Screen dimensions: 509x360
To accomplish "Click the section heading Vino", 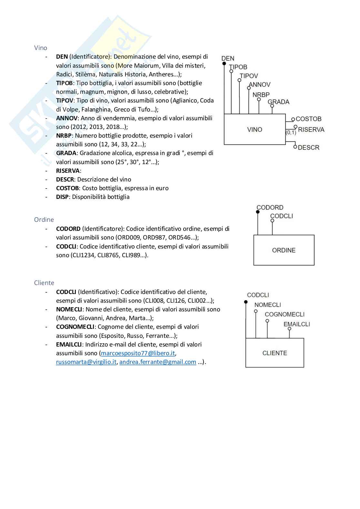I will [41, 48].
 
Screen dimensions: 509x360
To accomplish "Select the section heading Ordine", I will [44, 220].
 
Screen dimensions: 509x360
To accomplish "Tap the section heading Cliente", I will [44, 283].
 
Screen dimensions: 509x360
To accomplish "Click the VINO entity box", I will [255, 129].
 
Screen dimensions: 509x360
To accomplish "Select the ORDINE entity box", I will [284, 250].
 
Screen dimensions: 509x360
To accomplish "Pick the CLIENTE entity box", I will [275, 353].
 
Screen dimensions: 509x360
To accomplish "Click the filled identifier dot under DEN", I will [224, 64].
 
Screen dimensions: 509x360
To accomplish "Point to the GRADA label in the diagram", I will [278, 102].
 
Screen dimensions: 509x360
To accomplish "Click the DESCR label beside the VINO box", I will [308, 148].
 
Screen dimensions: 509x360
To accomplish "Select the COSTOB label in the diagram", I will [308, 119].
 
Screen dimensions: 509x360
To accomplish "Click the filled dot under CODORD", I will [258, 212].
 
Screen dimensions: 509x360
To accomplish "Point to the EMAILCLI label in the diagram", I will [296, 324].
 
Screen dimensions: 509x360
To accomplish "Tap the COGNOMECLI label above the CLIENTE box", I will [285, 314].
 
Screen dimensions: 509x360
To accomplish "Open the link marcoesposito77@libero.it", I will [138, 353].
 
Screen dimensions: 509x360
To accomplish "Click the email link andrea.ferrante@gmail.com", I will [158, 362].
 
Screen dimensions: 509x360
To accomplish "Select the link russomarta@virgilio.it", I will [86, 362].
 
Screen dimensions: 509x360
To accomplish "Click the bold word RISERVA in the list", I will [68, 171].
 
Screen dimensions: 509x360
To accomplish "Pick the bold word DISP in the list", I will [62, 197].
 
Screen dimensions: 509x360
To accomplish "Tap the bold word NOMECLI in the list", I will [69, 309].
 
